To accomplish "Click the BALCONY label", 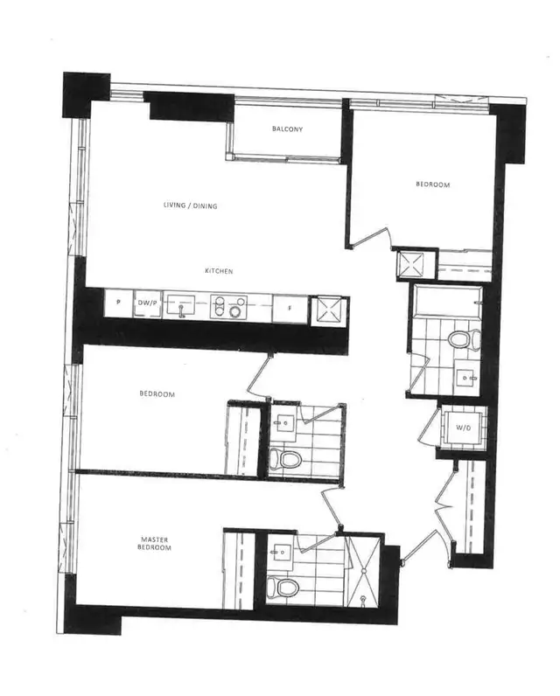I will click(287, 129).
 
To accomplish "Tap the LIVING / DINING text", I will click(190, 206).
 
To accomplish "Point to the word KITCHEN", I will click(219, 271).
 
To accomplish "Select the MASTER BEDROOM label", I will click(157, 543).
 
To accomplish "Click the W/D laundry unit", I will click(459, 428).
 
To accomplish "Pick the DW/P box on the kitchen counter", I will click(146, 303).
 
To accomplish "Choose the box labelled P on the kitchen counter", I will click(117, 303).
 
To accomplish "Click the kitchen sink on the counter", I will click(183, 306).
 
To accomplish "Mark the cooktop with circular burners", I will click(232, 306).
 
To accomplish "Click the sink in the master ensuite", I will click(282, 551).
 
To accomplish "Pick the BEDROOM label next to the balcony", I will click(432, 185).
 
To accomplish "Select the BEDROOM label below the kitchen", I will click(157, 394).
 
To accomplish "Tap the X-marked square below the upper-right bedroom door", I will click(409, 263).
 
